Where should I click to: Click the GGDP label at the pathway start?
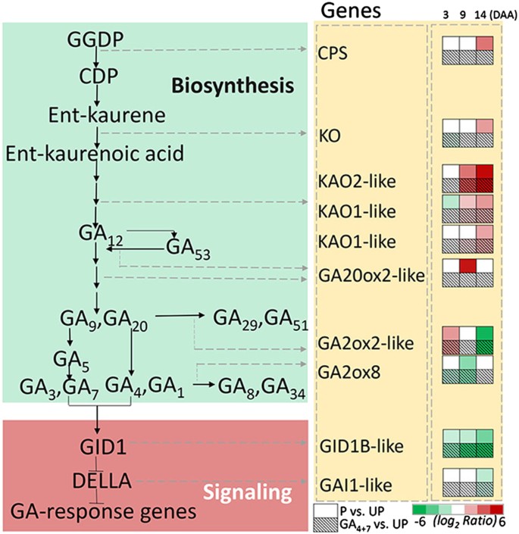coord(96,39)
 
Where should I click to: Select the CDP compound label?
coord(96,77)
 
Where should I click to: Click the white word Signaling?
coord(248,494)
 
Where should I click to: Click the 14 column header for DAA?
coord(483,13)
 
